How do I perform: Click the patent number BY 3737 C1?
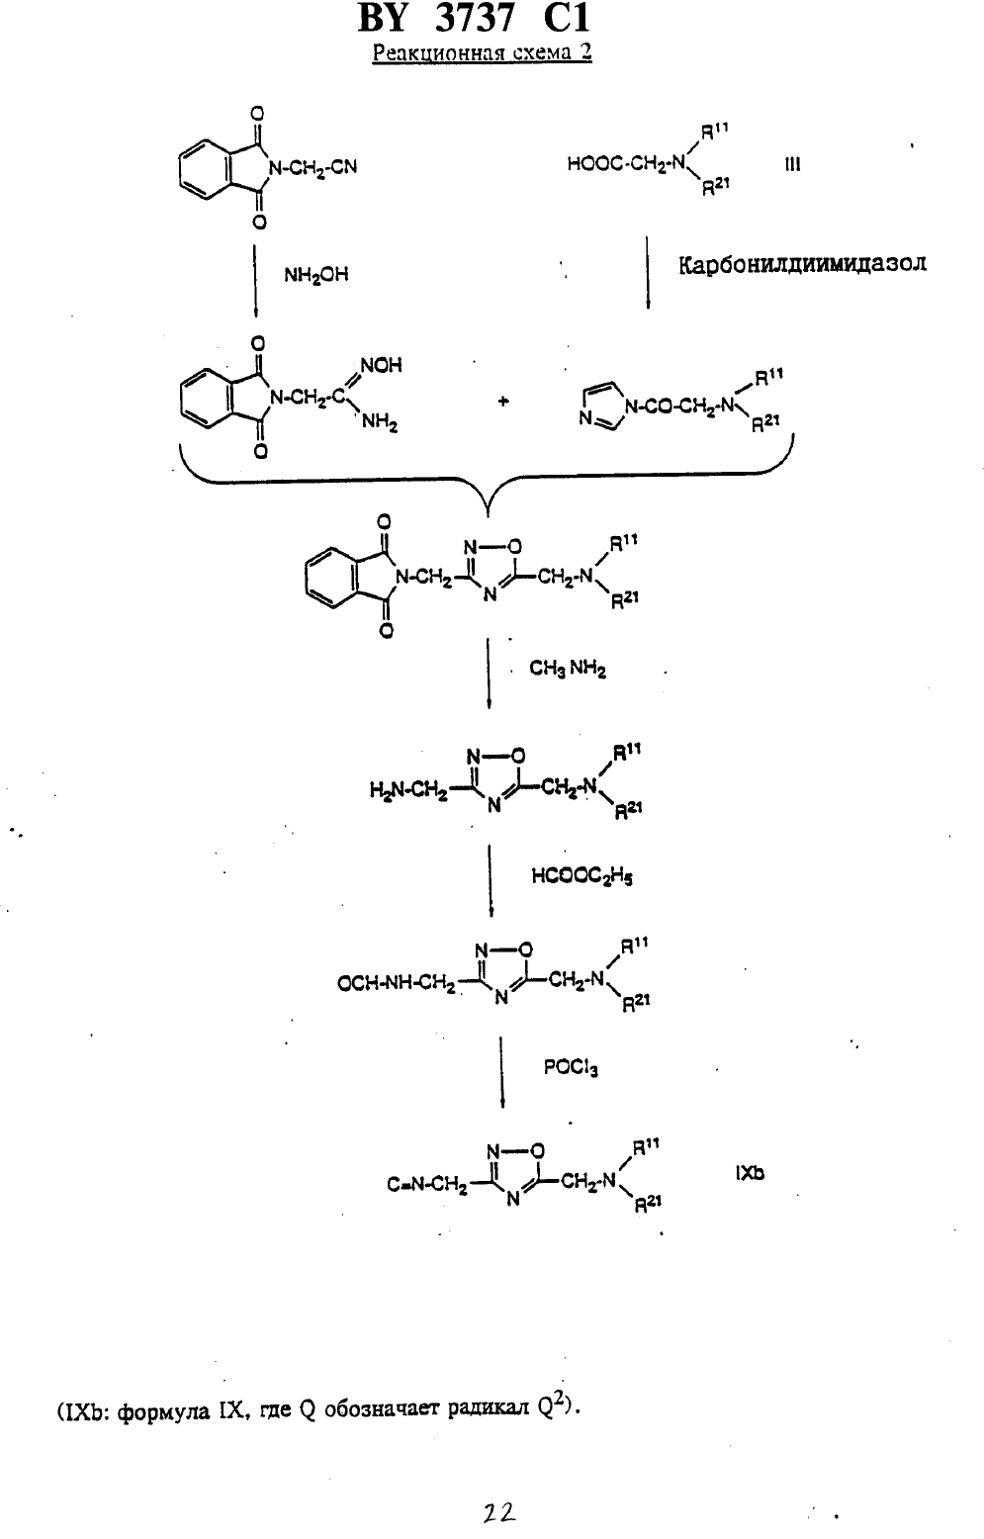474,18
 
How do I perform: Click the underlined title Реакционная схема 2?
482,52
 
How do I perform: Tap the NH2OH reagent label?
316,276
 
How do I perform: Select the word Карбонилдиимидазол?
802,264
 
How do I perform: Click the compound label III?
792,165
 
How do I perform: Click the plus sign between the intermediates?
503,402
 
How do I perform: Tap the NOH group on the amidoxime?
382,366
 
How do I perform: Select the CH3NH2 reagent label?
568,669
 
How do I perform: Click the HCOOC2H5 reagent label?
582,876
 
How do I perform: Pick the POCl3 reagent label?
571,1067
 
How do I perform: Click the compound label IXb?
750,1173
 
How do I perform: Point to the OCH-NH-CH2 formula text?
397,984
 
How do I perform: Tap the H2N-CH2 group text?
408,792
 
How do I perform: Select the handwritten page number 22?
498,1511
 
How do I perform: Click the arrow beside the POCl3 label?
502,1071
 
